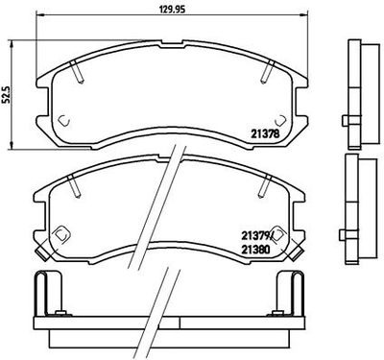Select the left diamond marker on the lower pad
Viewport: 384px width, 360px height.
click(62, 233)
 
